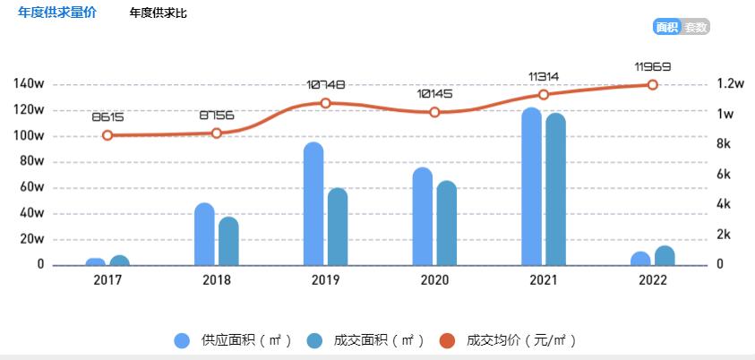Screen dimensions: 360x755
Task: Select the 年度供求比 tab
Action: tap(159, 13)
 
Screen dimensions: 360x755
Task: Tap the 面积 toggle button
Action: tap(666, 27)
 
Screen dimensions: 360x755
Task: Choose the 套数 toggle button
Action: tap(696, 27)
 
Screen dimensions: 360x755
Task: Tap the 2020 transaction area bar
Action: tap(446, 223)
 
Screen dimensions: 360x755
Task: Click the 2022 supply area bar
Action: tap(640, 259)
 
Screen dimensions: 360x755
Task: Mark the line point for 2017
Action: tap(107, 135)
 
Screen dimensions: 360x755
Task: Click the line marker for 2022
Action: tap(652, 85)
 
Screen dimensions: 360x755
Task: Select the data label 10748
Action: tap(325, 84)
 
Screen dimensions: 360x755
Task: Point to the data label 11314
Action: tap(544, 76)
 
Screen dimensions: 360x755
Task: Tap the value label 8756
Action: tap(216, 116)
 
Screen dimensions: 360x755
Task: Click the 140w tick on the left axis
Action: tap(29, 84)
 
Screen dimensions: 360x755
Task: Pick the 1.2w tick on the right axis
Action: tap(731, 84)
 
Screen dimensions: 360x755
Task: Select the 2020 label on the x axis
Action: tap(434, 280)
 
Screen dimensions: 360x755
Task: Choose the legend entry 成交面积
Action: tap(362, 340)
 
